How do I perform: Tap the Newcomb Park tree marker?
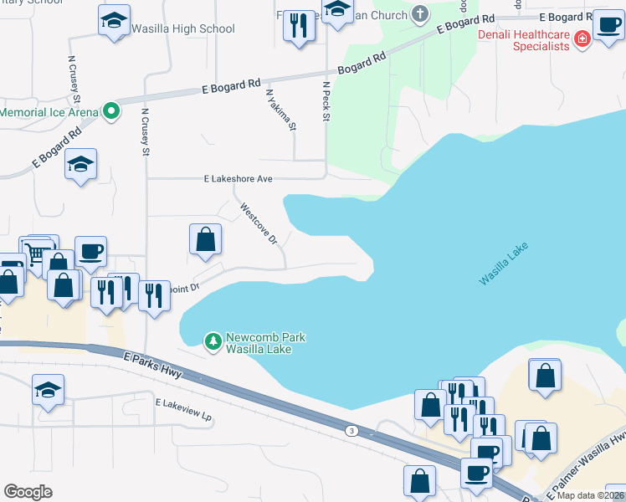tap(213, 341)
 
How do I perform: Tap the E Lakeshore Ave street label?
tap(239, 178)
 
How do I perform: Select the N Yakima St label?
tap(281, 110)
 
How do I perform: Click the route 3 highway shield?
tap(352, 430)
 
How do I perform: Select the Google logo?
tap(28, 492)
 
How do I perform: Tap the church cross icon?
tap(420, 14)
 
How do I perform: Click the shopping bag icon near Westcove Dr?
tap(205, 241)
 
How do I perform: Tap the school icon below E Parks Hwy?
tap(49, 390)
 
